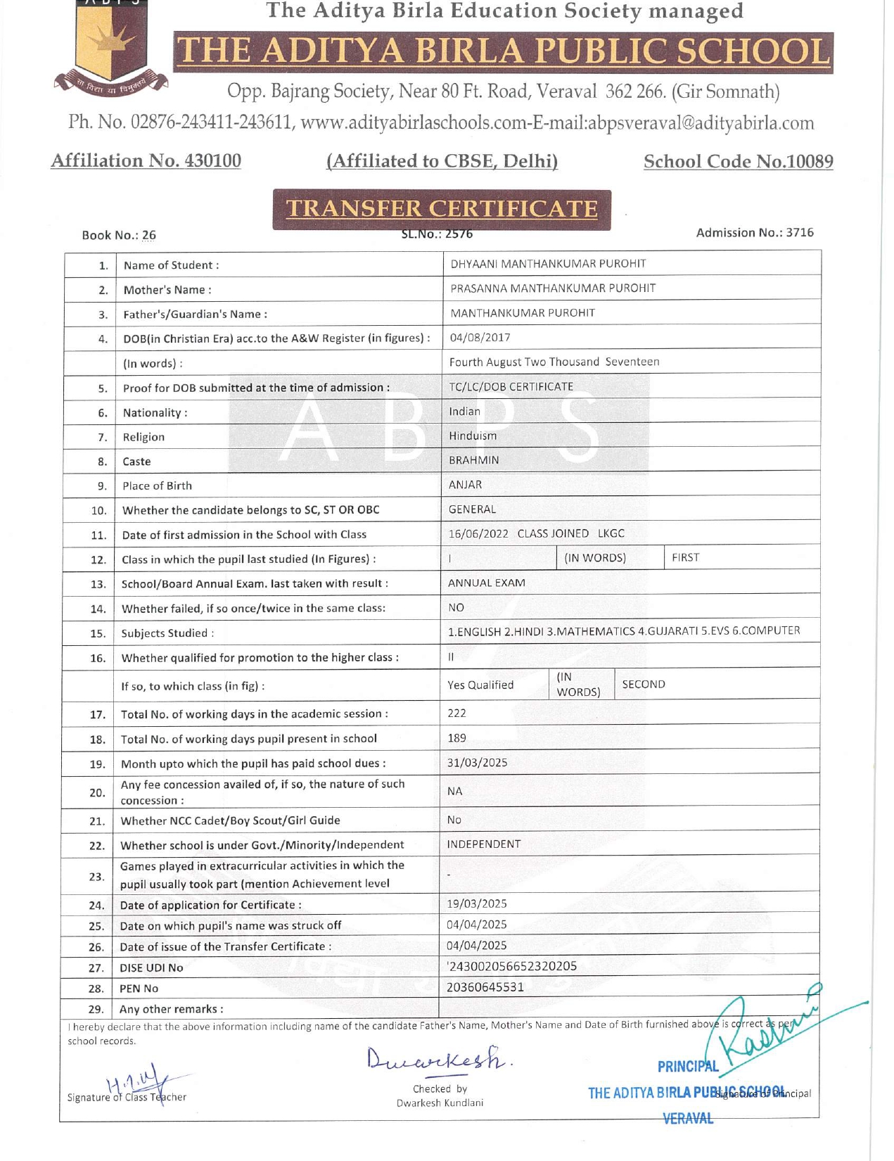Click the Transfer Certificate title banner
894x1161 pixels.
click(x=442, y=209)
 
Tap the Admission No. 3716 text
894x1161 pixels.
click(x=755, y=232)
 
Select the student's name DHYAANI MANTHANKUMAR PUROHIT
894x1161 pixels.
click(x=548, y=264)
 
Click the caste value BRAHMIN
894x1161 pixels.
click(x=474, y=460)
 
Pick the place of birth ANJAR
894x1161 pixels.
click(x=466, y=485)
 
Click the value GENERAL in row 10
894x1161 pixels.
click(x=472, y=509)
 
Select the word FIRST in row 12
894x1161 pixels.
click(x=685, y=557)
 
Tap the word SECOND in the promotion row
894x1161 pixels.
click(x=644, y=684)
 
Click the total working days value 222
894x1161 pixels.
click(x=457, y=713)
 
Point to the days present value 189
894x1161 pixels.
click(x=457, y=738)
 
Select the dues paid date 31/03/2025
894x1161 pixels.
click(x=478, y=763)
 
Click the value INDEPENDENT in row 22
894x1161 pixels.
click(x=484, y=844)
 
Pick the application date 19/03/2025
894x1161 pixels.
click(x=477, y=903)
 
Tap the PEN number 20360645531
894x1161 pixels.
click(x=485, y=987)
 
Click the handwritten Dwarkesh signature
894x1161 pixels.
click(x=436, y=1057)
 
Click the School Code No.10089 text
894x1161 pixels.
click(x=739, y=161)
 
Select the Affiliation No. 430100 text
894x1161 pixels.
click(x=146, y=160)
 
